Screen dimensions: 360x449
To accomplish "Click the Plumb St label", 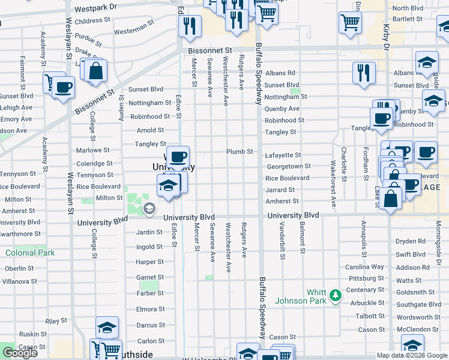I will coord(239,152).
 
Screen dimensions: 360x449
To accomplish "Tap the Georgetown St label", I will coord(288,166).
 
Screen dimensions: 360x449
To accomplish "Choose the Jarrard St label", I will coord(280,190).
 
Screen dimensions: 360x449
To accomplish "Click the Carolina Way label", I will coord(364,266).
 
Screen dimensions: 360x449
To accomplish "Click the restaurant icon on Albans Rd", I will coord(364,73).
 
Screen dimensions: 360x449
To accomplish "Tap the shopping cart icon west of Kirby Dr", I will coord(349,22).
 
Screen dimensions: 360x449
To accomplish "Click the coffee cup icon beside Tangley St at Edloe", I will coord(178,157).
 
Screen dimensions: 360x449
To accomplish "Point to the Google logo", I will coord(20,353).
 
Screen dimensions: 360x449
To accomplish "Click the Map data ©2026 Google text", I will coord(412,355).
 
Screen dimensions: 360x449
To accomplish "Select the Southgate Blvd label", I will coord(418,304).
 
